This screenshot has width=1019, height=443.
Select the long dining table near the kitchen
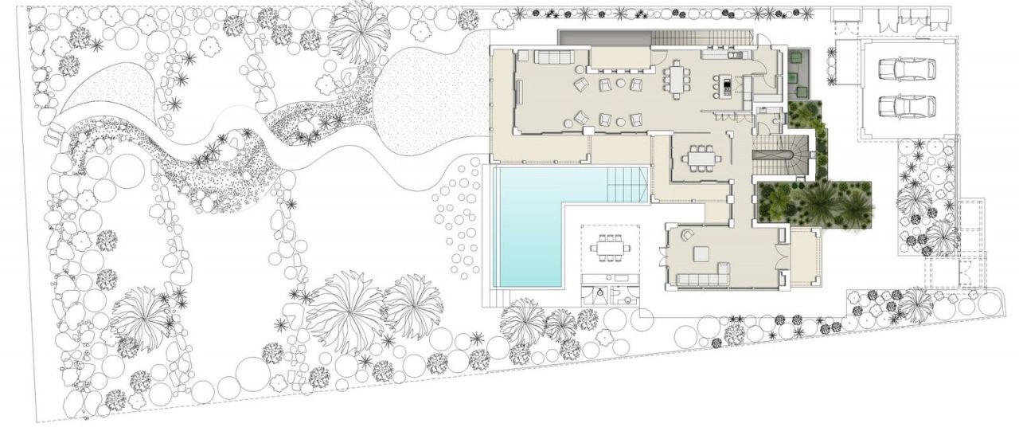(x=677, y=79)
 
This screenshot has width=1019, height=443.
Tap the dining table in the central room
(x=700, y=157)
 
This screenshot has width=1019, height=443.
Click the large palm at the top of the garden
(x=359, y=29)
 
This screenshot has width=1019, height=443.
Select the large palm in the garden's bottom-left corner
(x=140, y=319)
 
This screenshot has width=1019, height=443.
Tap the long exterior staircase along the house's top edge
(x=701, y=37)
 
